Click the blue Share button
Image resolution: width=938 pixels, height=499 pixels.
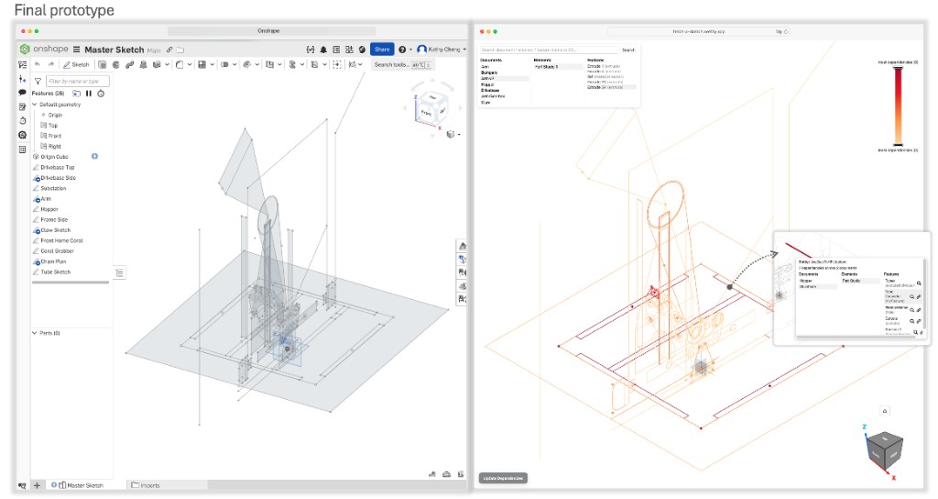[x=382, y=50]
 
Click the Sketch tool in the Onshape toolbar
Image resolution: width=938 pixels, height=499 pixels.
[x=77, y=65]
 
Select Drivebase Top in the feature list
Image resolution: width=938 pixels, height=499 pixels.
[x=58, y=167]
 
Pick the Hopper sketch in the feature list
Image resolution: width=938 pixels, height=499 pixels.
[x=49, y=209]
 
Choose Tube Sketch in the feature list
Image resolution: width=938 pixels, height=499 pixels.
[x=55, y=272]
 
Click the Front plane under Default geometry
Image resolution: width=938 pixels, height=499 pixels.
[x=55, y=136]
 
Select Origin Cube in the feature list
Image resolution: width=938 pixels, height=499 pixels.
[x=55, y=157]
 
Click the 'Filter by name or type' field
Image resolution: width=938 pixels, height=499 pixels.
[x=77, y=82]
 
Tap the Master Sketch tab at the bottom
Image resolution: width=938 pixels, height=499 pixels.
[x=84, y=484]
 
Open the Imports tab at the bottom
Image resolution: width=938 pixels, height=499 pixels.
[x=147, y=484]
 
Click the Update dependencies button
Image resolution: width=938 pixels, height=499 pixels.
[x=503, y=478]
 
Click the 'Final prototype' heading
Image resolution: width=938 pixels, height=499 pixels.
[x=64, y=10]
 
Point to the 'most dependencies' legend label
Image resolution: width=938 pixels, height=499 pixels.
[x=898, y=61]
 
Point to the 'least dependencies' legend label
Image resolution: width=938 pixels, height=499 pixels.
[x=898, y=150]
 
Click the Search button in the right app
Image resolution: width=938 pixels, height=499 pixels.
[x=628, y=50]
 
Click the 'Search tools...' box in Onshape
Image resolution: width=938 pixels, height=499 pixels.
[x=401, y=65]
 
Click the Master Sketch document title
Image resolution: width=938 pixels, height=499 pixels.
[x=114, y=50]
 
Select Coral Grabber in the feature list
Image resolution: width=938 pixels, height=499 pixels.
[x=57, y=250]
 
